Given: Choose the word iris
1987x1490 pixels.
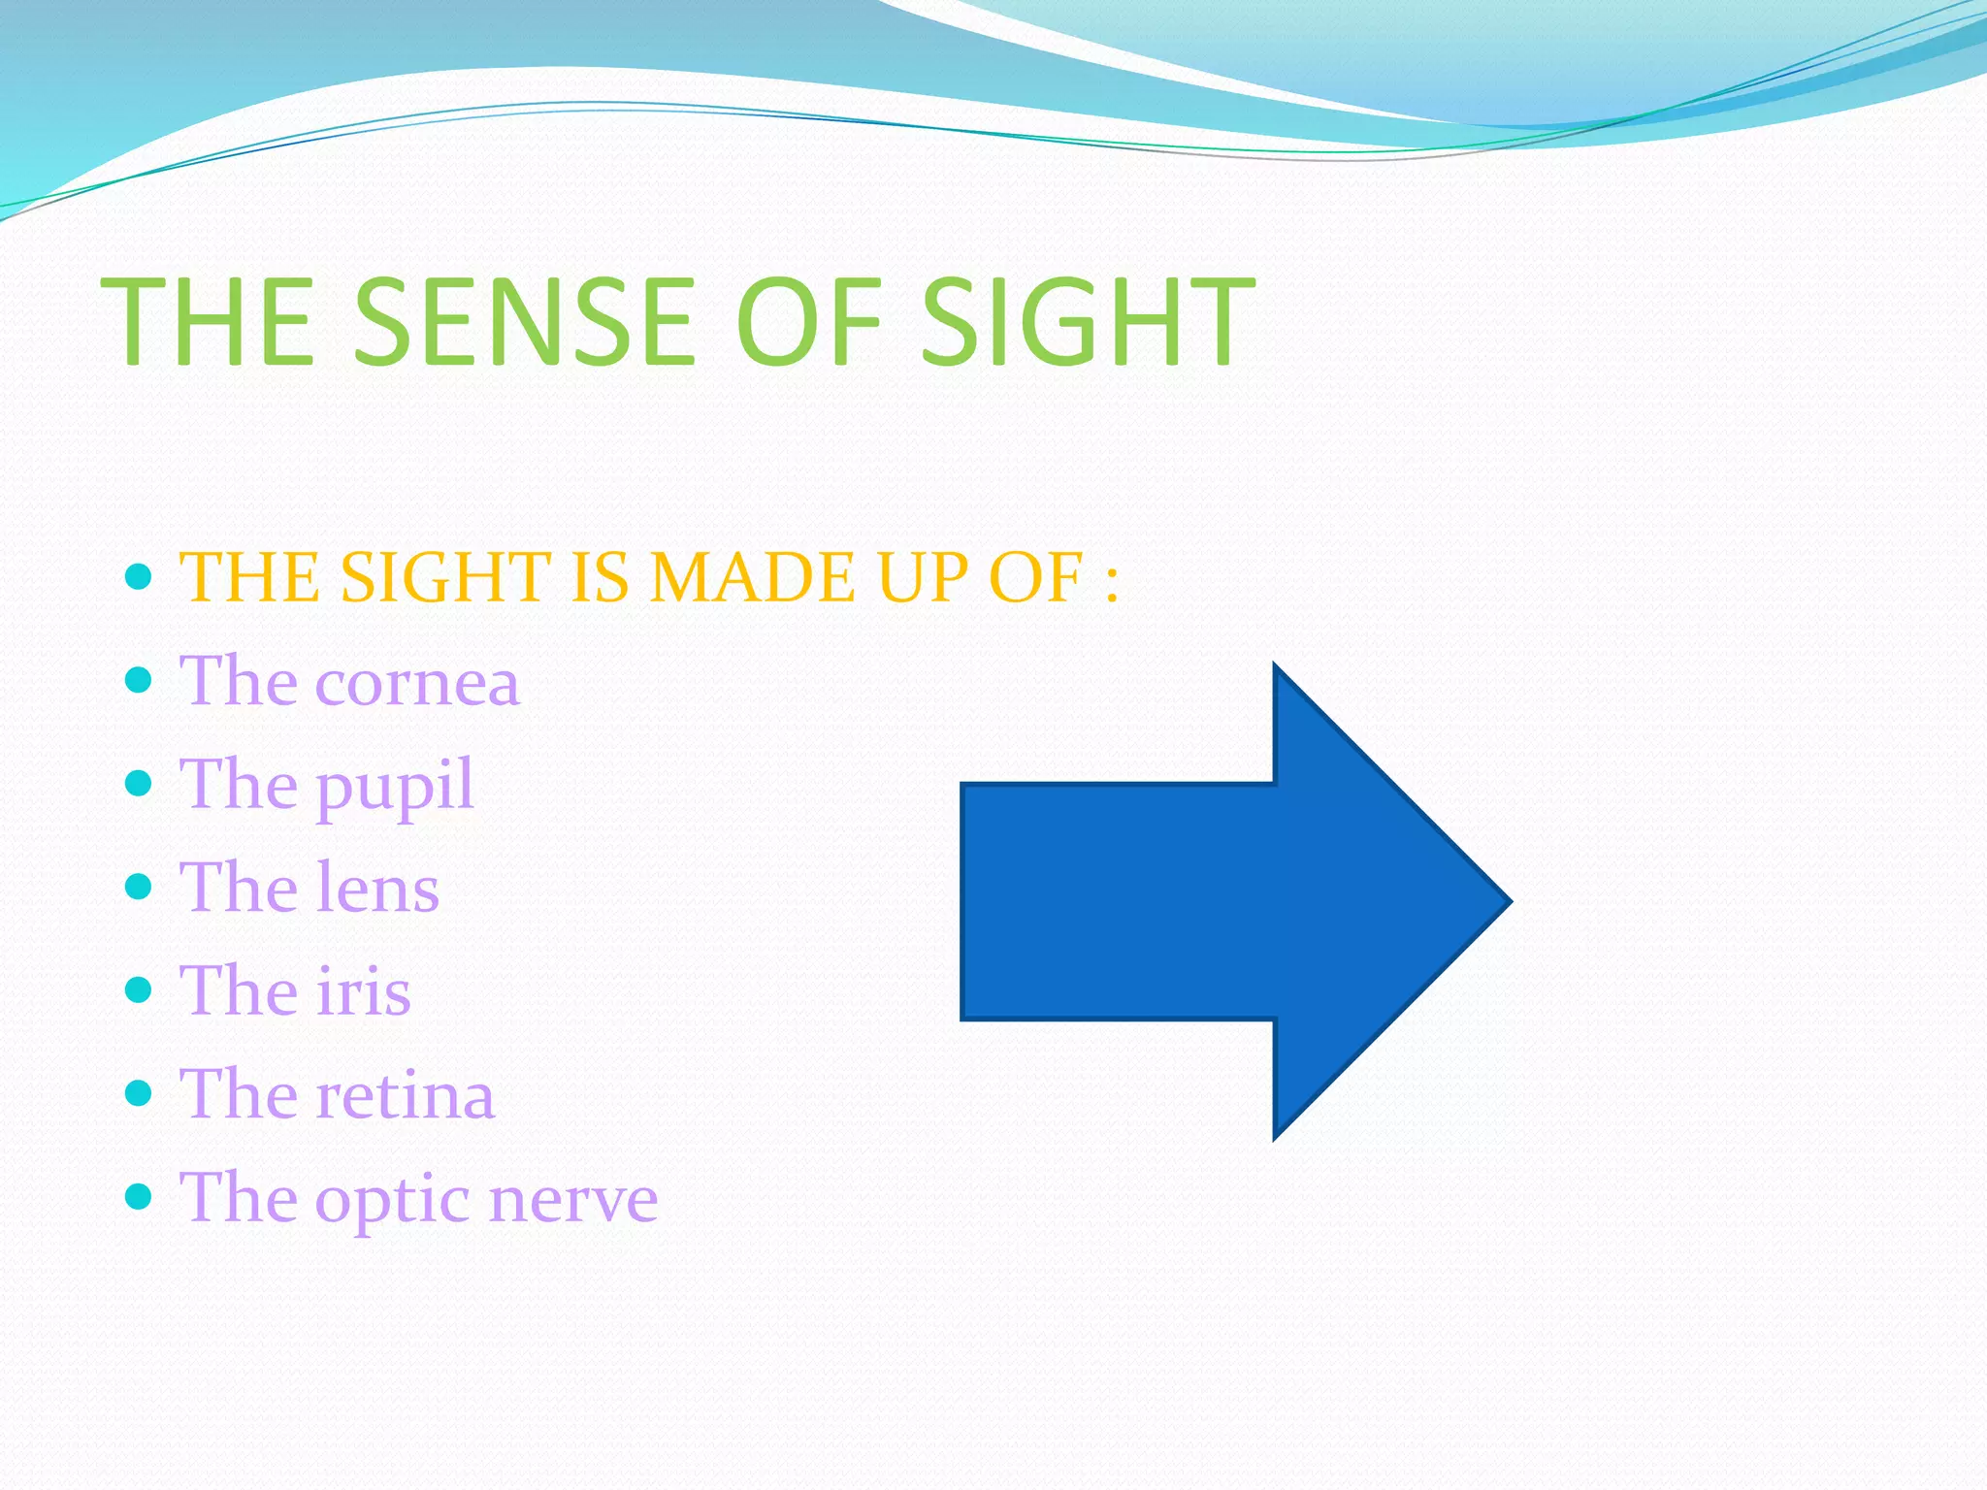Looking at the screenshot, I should pyautogui.click(x=363, y=991).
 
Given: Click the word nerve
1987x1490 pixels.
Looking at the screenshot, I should pyautogui.click(x=573, y=1199).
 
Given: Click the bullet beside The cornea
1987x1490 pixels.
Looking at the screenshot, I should pyautogui.click(x=140, y=680).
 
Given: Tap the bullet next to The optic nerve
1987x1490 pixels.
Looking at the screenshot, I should pyautogui.click(x=140, y=1197).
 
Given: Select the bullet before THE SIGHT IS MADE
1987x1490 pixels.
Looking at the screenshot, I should pyautogui.click(x=140, y=577).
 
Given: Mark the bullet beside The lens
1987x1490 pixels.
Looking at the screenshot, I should pyautogui.click(x=140, y=887).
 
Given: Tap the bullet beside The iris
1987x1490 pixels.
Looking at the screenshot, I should pyautogui.click(x=140, y=990).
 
